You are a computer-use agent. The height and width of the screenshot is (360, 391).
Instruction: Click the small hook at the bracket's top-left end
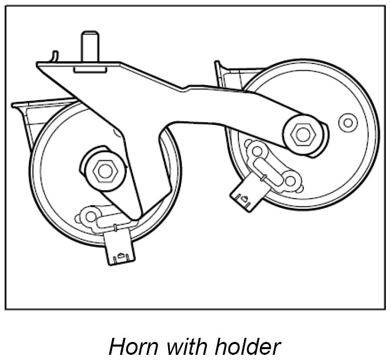click(x=55, y=56)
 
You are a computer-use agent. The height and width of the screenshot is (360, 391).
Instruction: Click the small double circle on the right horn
click(x=348, y=123)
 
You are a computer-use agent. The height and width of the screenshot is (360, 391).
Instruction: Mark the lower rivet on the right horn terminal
click(x=290, y=181)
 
